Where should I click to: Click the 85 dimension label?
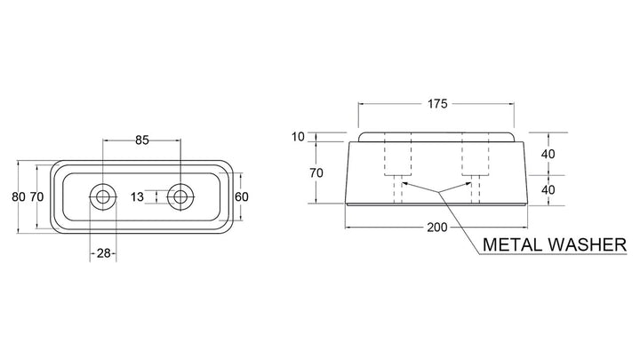point(142,140)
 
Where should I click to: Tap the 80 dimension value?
point(19,196)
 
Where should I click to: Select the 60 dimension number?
point(242,196)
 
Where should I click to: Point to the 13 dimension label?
point(137,196)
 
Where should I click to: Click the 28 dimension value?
point(104,253)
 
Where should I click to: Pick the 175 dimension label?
point(437,104)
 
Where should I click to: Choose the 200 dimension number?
point(437,228)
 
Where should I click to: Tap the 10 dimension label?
point(299,137)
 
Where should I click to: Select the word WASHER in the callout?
point(587,244)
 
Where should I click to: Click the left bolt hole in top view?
point(102,197)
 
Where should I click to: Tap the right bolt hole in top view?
point(180,197)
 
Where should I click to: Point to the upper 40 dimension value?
point(548,155)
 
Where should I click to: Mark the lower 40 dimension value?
point(548,190)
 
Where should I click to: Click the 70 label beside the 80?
point(36,196)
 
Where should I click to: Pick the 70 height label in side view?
point(316,173)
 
